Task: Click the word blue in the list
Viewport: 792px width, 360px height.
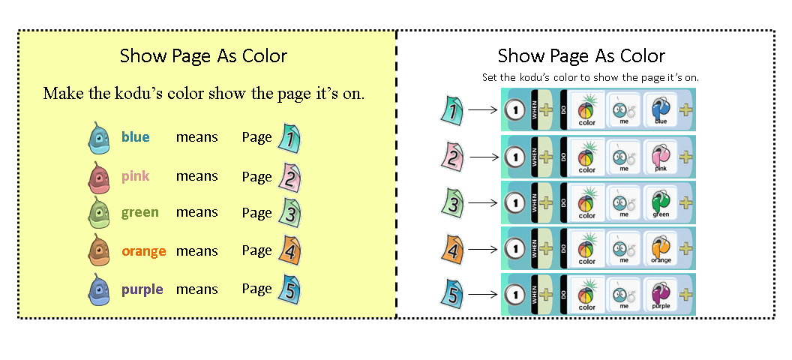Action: (136, 137)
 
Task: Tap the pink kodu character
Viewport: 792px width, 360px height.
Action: (99, 178)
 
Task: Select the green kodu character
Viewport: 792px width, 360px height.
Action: (99, 213)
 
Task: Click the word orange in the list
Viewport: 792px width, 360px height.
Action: (144, 251)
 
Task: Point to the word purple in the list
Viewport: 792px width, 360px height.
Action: (142, 289)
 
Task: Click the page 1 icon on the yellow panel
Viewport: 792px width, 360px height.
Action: (289, 138)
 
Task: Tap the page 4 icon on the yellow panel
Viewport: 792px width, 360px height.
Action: (289, 250)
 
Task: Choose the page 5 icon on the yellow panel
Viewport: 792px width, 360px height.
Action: (289, 289)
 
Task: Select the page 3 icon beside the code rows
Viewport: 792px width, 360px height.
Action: (451, 203)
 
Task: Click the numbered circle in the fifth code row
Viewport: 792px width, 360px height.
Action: (514, 295)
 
